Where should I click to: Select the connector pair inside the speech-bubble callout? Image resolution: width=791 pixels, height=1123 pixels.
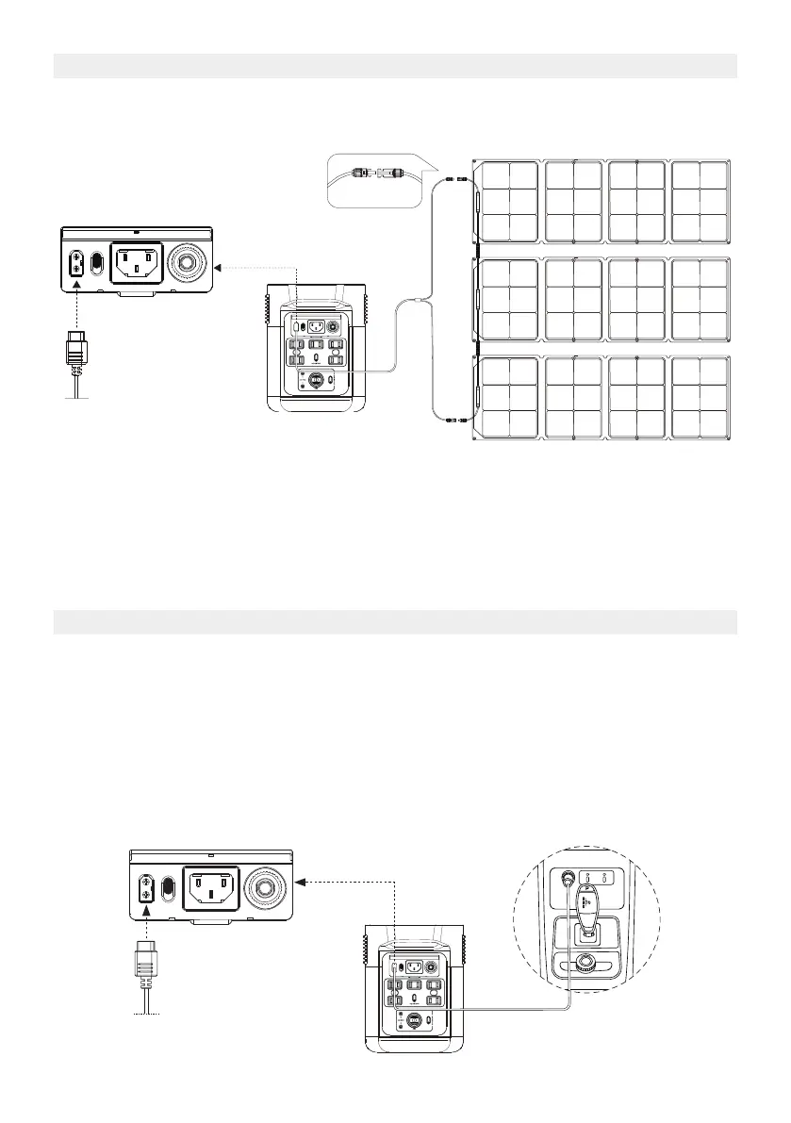372,173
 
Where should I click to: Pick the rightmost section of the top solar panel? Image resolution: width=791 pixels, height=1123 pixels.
700,200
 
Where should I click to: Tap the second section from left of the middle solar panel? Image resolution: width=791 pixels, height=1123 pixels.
573,299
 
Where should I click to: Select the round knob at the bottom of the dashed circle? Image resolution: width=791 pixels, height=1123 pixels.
585,963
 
